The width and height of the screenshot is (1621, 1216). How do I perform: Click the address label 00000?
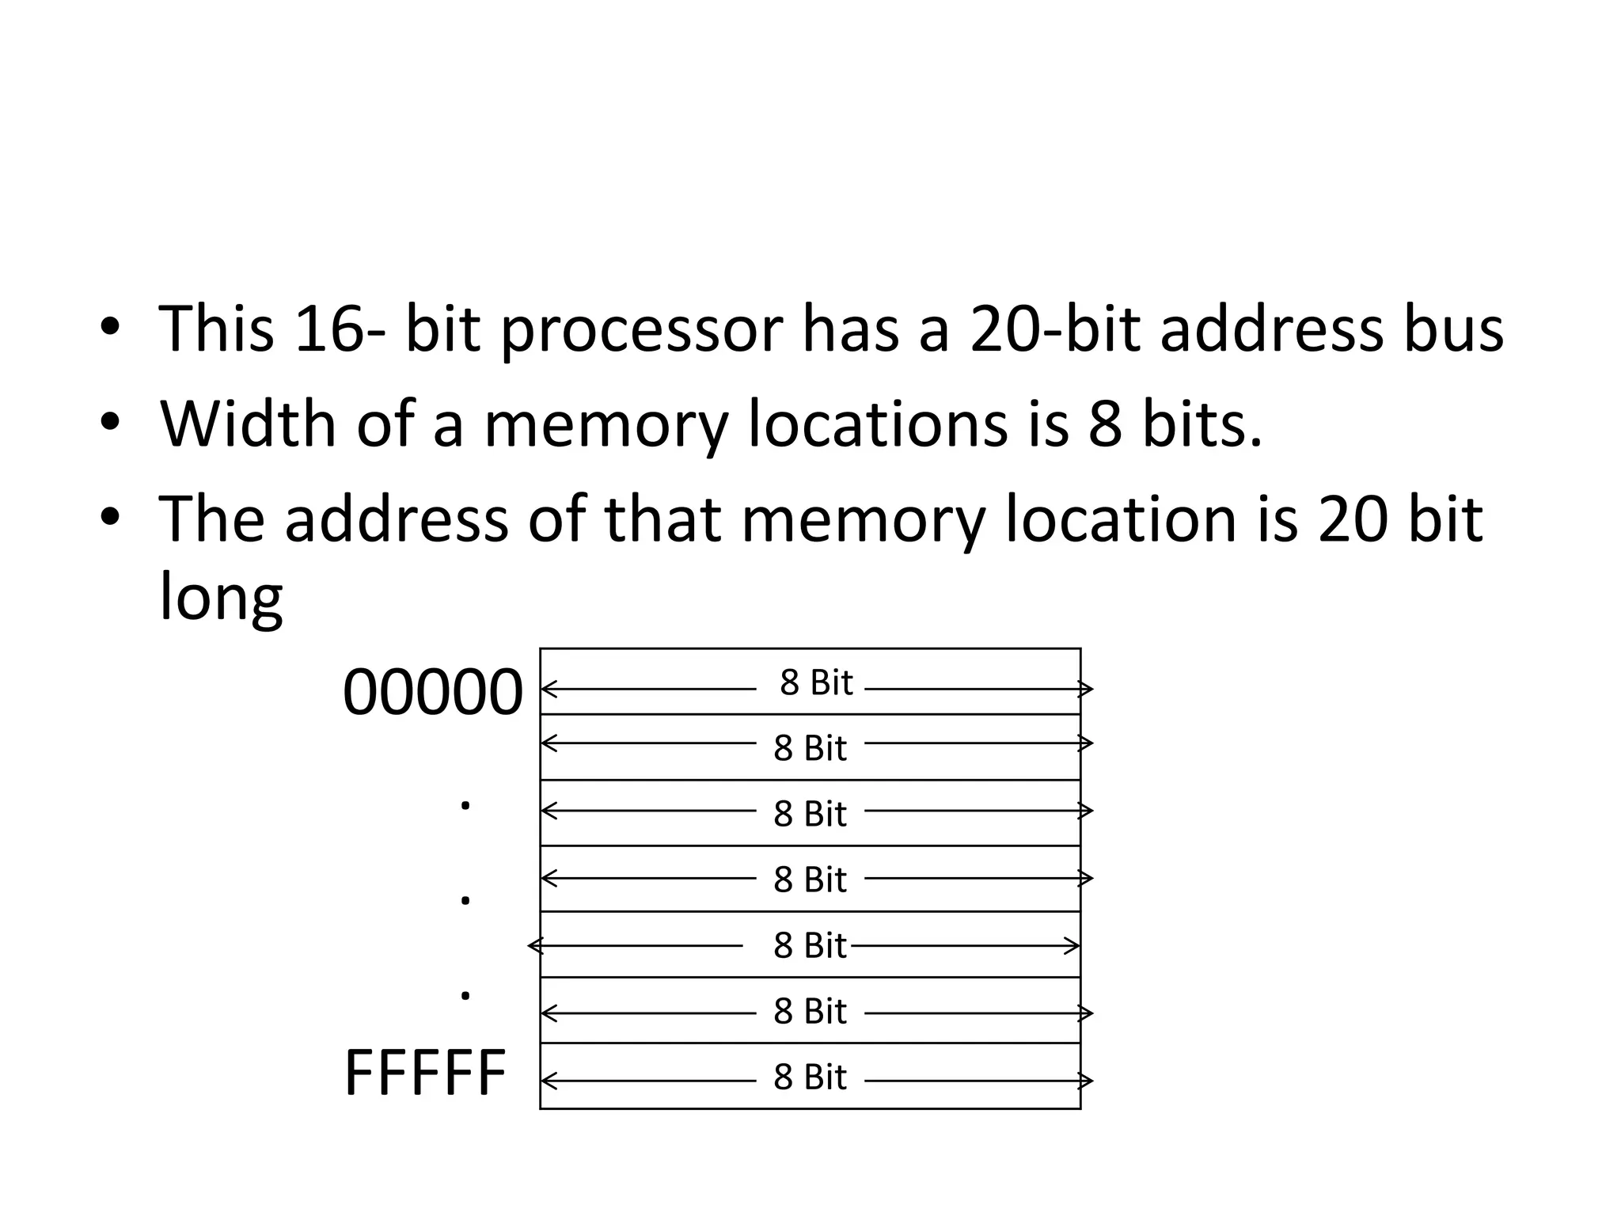click(432, 692)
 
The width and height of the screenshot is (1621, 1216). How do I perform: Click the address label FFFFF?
click(425, 1073)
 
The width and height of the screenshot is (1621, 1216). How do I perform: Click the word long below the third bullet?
click(221, 598)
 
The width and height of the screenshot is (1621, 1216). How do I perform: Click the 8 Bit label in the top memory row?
click(816, 683)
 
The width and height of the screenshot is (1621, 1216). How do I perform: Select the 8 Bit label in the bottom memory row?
click(810, 1077)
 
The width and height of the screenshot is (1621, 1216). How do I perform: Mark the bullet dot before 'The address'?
click(109, 519)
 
